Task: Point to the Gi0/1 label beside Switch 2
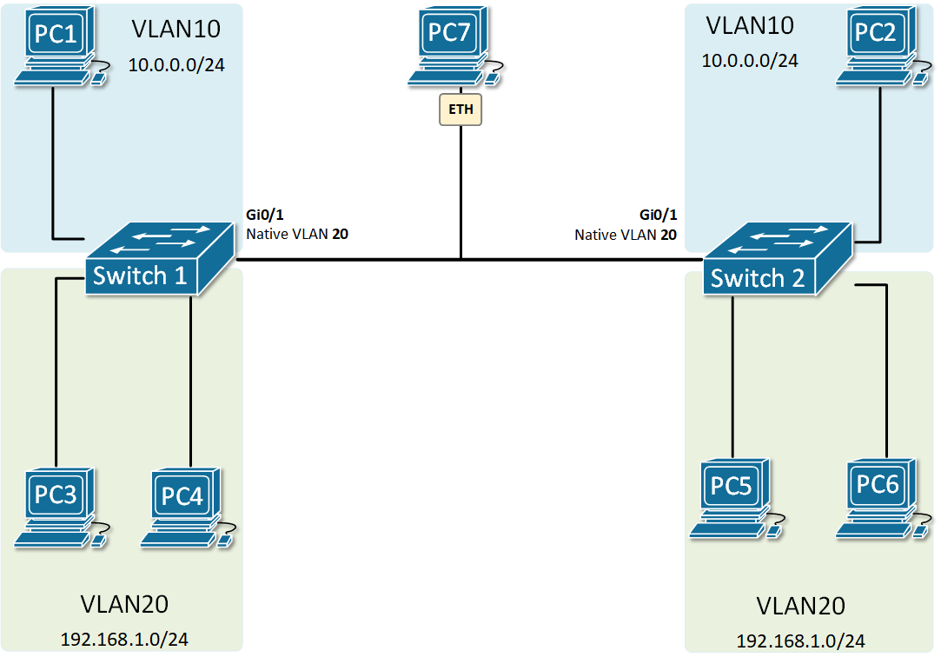[x=658, y=216]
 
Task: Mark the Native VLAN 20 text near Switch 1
[x=297, y=234]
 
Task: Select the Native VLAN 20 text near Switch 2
[x=626, y=234]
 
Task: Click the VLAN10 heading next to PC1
[x=176, y=29]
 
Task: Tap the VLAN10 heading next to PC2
[x=750, y=25]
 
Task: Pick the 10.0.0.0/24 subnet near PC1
[x=176, y=64]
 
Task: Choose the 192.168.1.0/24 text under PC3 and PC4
[x=124, y=639]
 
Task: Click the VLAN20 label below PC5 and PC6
[x=800, y=606]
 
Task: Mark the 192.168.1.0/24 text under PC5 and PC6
[x=800, y=641]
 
